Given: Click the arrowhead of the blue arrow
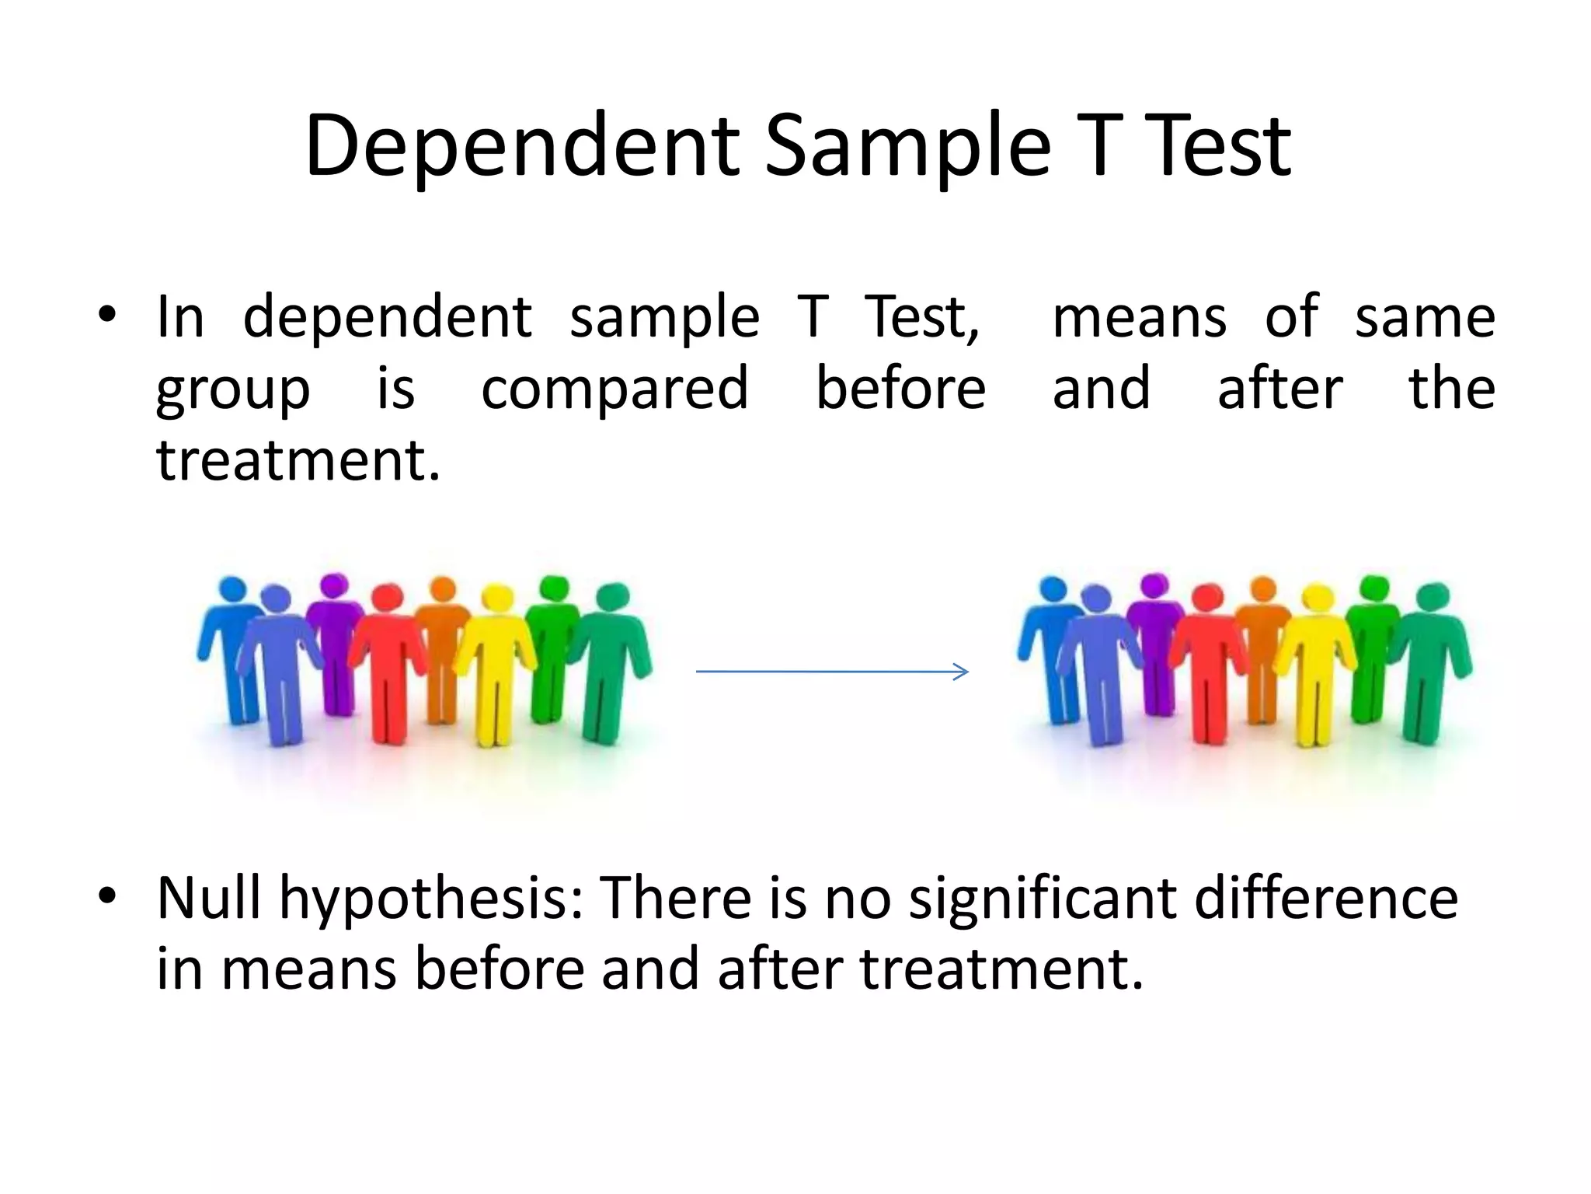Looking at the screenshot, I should tap(962, 672).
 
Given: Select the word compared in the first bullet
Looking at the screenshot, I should tap(614, 389).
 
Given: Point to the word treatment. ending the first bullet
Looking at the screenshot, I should tap(298, 460).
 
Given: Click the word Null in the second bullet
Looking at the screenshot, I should tap(208, 898).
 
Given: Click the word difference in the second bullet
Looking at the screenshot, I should tap(1325, 898).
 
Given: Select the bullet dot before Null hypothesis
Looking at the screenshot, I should tap(107, 895).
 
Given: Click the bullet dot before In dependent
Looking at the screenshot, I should tap(107, 316).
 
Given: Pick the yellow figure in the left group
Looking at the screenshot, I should tap(494, 669).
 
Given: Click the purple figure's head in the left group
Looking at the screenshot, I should tap(334, 585).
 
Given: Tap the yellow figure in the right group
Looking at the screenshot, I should tap(1315, 669).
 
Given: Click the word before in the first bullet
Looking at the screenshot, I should tap(900, 389).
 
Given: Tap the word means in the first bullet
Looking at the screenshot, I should tap(1139, 317).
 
